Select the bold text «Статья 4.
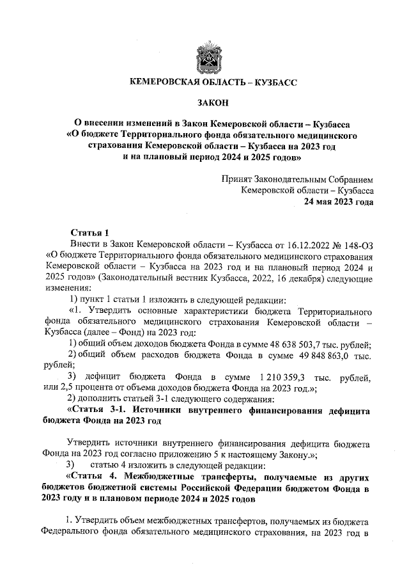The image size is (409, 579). coord(93,477)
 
